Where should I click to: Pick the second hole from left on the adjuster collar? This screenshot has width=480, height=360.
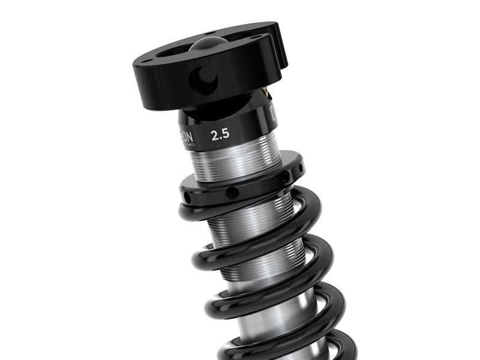[230, 193]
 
